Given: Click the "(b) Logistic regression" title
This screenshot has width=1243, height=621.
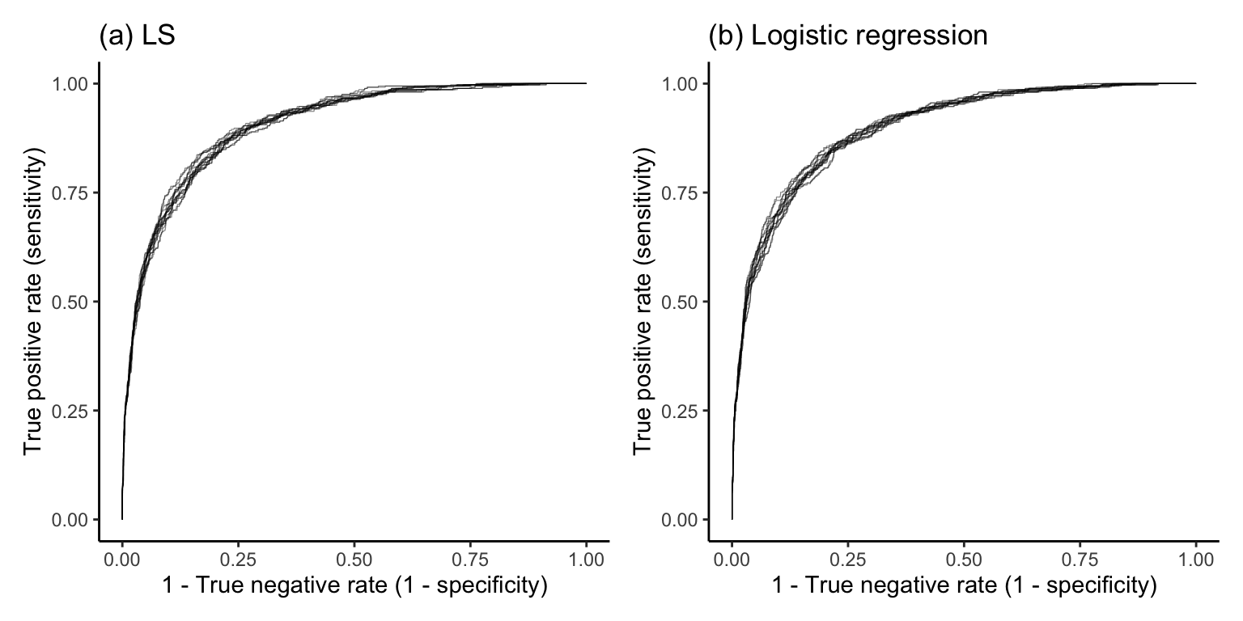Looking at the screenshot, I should click(x=847, y=36).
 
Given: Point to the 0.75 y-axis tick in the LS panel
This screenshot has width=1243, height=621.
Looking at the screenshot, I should click(x=75, y=192).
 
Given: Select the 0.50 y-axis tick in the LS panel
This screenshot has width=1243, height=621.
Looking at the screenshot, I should click(x=75, y=302).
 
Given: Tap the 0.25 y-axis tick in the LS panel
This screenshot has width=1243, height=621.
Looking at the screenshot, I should click(x=75, y=411).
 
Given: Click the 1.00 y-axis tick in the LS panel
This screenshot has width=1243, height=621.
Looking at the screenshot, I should click(x=75, y=84).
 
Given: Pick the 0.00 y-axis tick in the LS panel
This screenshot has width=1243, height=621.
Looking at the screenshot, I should click(x=75, y=519).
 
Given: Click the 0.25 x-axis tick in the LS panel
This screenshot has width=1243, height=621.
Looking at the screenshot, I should click(x=238, y=558).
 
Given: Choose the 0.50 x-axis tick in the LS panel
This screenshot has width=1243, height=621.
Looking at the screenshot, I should click(x=354, y=558).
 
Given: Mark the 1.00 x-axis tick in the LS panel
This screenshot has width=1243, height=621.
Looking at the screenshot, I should click(x=586, y=558).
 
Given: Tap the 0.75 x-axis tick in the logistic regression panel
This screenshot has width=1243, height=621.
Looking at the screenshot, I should click(x=1080, y=558).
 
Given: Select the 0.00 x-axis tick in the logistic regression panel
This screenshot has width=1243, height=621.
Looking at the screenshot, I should click(x=732, y=558).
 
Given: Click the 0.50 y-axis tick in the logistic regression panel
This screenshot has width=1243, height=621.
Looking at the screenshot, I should click(x=685, y=302).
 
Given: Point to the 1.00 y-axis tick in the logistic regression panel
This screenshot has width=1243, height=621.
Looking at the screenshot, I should click(x=685, y=84).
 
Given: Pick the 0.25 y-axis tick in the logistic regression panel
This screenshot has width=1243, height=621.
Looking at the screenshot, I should click(x=685, y=411).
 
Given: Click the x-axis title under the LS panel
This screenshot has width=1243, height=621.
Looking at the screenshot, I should click(x=354, y=585).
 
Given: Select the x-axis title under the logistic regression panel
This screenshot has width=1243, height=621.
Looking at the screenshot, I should click(x=964, y=585).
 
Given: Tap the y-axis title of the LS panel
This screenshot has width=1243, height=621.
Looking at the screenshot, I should click(x=33, y=302).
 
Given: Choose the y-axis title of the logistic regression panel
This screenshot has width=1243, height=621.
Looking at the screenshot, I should click(x=643, y=302).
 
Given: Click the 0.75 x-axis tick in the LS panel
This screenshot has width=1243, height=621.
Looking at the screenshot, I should click(x=470, y=558).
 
